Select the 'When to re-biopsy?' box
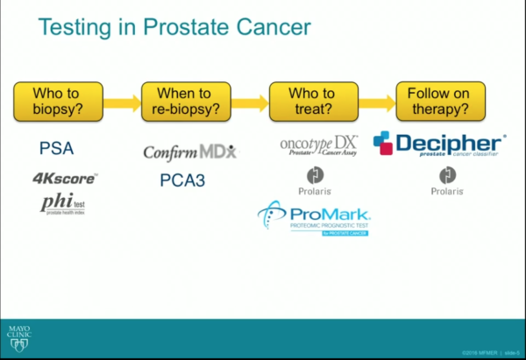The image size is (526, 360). click(187, 102)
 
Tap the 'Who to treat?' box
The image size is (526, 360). click(314, 102)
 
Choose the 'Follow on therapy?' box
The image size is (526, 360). click(441, 102)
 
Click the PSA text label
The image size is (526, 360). click(57, 149)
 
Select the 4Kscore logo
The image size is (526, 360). click(65, 179)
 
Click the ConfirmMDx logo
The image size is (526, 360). click(189, 152)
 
